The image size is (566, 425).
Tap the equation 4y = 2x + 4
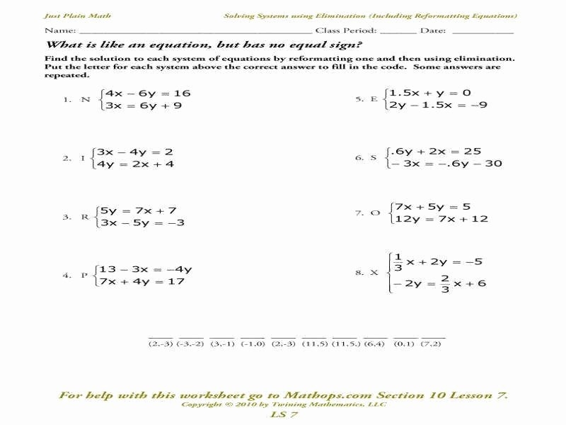pos(137,164)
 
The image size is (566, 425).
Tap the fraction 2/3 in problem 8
pos(445,283)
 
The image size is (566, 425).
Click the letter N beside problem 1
pos(86,100)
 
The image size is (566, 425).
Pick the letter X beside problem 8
pos(374,272)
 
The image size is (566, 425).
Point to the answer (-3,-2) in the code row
pos(191,344)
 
